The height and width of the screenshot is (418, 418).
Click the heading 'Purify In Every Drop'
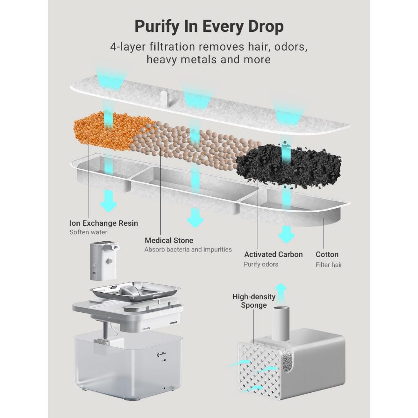209,27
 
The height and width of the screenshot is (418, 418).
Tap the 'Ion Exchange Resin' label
103,223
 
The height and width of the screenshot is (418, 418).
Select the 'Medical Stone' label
169,240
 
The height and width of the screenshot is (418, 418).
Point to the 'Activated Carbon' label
273,255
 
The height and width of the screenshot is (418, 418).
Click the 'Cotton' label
327,255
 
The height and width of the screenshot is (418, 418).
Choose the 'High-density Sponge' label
254,301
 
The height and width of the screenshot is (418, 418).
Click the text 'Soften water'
88,232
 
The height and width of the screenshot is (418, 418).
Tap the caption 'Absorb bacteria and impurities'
188,249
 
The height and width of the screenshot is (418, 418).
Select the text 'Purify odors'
261,264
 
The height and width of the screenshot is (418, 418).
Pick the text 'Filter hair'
329,265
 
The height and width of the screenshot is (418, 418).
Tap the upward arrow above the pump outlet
281,293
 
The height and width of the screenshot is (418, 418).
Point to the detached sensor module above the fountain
104,261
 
